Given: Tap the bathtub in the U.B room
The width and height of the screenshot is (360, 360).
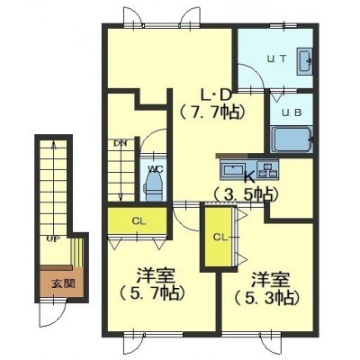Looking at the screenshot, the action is [x=292, y=139].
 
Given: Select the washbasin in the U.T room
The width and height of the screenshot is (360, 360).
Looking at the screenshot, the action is [x=305, y=61].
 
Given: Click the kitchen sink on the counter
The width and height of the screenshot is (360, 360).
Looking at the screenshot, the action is [x=233, y=170].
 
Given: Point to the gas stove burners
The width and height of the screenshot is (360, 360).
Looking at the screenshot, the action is [x=267, y=169].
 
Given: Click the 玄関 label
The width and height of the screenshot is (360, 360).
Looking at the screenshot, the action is [x=63, y=283].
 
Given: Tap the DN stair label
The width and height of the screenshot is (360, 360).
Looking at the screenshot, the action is [x=121, y=143].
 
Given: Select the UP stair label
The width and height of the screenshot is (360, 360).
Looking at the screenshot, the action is [x=53, y=239].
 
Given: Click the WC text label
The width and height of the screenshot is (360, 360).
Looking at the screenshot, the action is [x=156, y=169].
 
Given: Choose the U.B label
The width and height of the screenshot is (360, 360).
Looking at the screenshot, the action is [x=292, y=112].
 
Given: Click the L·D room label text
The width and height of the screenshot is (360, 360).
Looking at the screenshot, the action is [x=216, y=95].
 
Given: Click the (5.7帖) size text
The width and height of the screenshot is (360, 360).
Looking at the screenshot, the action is [x=151, y=293].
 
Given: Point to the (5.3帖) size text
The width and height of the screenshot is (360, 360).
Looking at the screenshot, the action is [x=267, y=297].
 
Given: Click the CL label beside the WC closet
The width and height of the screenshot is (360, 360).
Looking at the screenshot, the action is [x=139, y=221].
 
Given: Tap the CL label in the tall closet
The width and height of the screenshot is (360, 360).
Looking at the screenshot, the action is [x=220, y=237].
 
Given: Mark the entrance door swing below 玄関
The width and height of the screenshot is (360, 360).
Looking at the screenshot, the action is [x=52, y=313].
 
